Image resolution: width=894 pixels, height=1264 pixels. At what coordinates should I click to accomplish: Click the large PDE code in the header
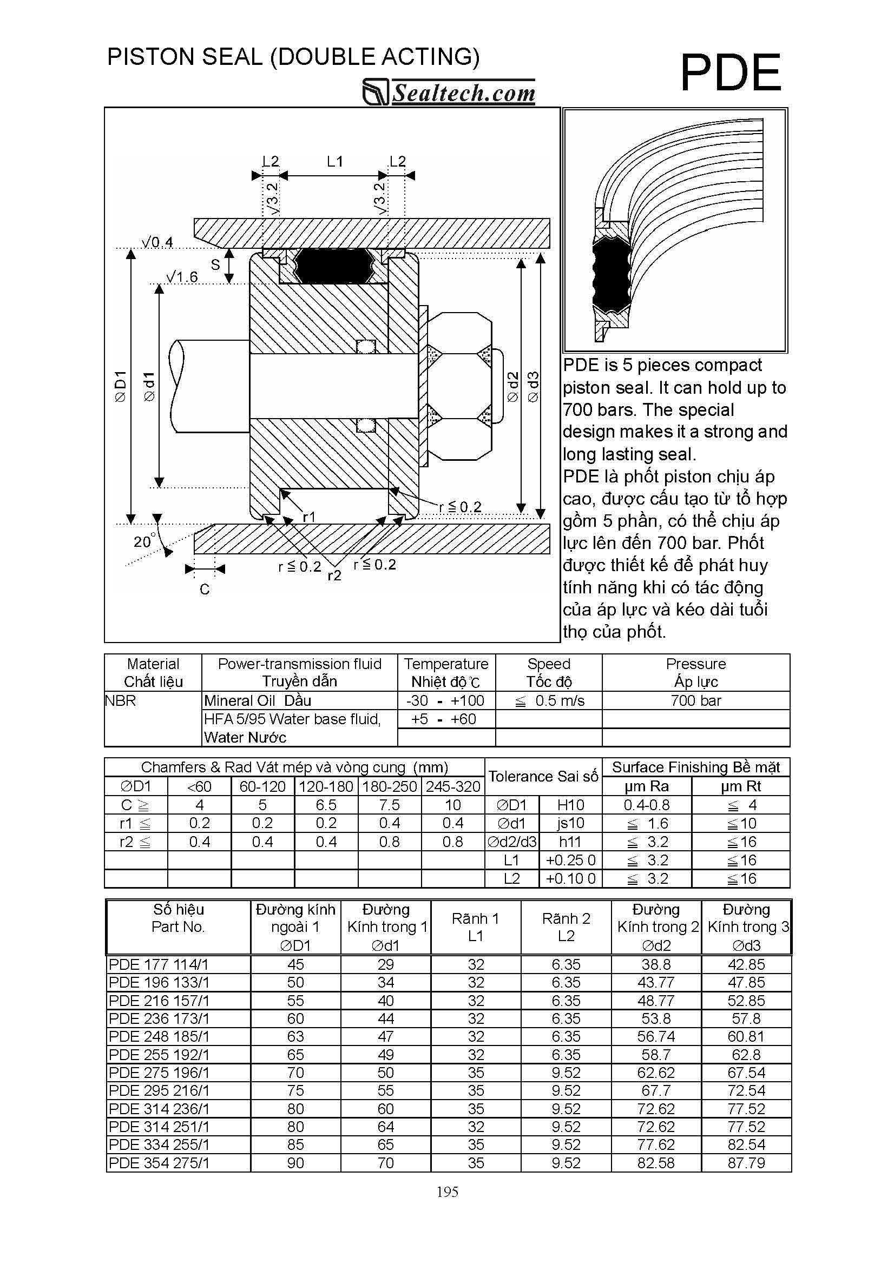click(731, 74)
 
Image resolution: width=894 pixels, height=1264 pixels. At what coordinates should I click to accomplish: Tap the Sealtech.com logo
click(449, 92)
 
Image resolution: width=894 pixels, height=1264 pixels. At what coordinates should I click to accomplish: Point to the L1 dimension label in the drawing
click(334, 161)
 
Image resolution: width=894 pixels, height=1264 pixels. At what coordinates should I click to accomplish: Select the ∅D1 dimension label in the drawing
click(120, 387)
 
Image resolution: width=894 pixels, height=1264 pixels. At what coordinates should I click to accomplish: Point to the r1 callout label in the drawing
click(309, 517)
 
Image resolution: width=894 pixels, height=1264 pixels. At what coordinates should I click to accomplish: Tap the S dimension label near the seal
click(215, 265)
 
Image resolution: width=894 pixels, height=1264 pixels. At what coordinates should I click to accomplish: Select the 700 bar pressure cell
click(695, 700)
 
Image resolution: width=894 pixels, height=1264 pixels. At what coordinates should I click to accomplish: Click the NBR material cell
click(120, 700)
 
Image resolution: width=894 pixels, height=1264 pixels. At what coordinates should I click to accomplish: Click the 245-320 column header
click(453, 786)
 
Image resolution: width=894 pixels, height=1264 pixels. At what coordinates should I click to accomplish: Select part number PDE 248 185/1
click(159, 1037)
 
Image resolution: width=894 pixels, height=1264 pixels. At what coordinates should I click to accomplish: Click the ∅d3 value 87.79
click(746, 1163)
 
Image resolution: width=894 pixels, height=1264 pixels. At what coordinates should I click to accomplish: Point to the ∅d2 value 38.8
click(655, 964)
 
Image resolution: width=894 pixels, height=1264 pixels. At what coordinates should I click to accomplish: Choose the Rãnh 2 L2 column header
click(566, 927)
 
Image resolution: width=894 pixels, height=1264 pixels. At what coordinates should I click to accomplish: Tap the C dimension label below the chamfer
click(205, 590)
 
